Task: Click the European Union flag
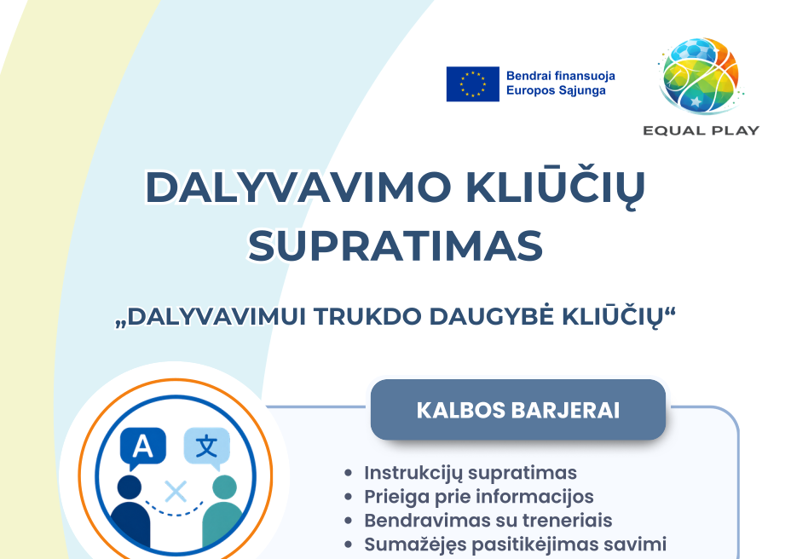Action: click(473, 84)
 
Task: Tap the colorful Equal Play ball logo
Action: click(701, 75)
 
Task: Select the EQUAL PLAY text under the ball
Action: click(701, 130)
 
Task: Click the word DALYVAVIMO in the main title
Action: click(298, 187)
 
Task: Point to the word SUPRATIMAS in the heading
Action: click(395, 246)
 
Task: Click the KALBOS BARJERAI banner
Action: click(518, 410)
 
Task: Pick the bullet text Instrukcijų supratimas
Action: click(471, 473)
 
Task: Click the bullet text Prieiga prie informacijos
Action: click(479, 497)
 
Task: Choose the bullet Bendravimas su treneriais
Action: click(488, 520)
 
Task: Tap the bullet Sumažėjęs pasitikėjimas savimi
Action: click(515, 545)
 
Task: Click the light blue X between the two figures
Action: click(176, 492)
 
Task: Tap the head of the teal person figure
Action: click(224, 487)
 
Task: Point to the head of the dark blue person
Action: click(130, 487)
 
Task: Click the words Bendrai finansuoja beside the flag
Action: click(561, 76)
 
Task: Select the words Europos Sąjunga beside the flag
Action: click(556, 91)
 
